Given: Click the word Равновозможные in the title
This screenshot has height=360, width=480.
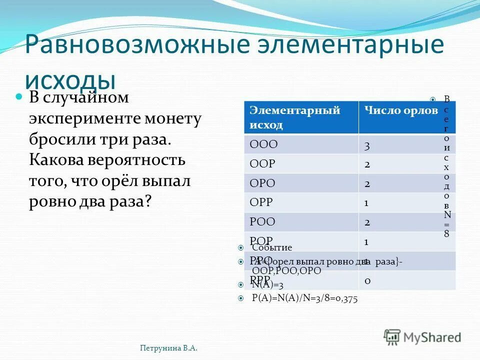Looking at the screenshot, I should coord(136,44).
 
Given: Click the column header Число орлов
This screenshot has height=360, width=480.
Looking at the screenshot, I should coord(401,110).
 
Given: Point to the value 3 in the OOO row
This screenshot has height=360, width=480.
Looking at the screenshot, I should coord(367,146).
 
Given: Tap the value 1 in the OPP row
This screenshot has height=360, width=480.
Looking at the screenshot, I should coord(366,203).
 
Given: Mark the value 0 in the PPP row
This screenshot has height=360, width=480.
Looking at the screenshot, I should coord(367,281).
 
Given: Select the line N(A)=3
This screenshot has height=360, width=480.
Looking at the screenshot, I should coord(267,285).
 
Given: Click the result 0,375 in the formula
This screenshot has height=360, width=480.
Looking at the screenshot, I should coord(345,298).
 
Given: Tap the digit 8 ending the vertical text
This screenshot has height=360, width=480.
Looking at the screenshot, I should coord(446,233).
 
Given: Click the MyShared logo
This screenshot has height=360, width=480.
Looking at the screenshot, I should coord(422,336).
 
